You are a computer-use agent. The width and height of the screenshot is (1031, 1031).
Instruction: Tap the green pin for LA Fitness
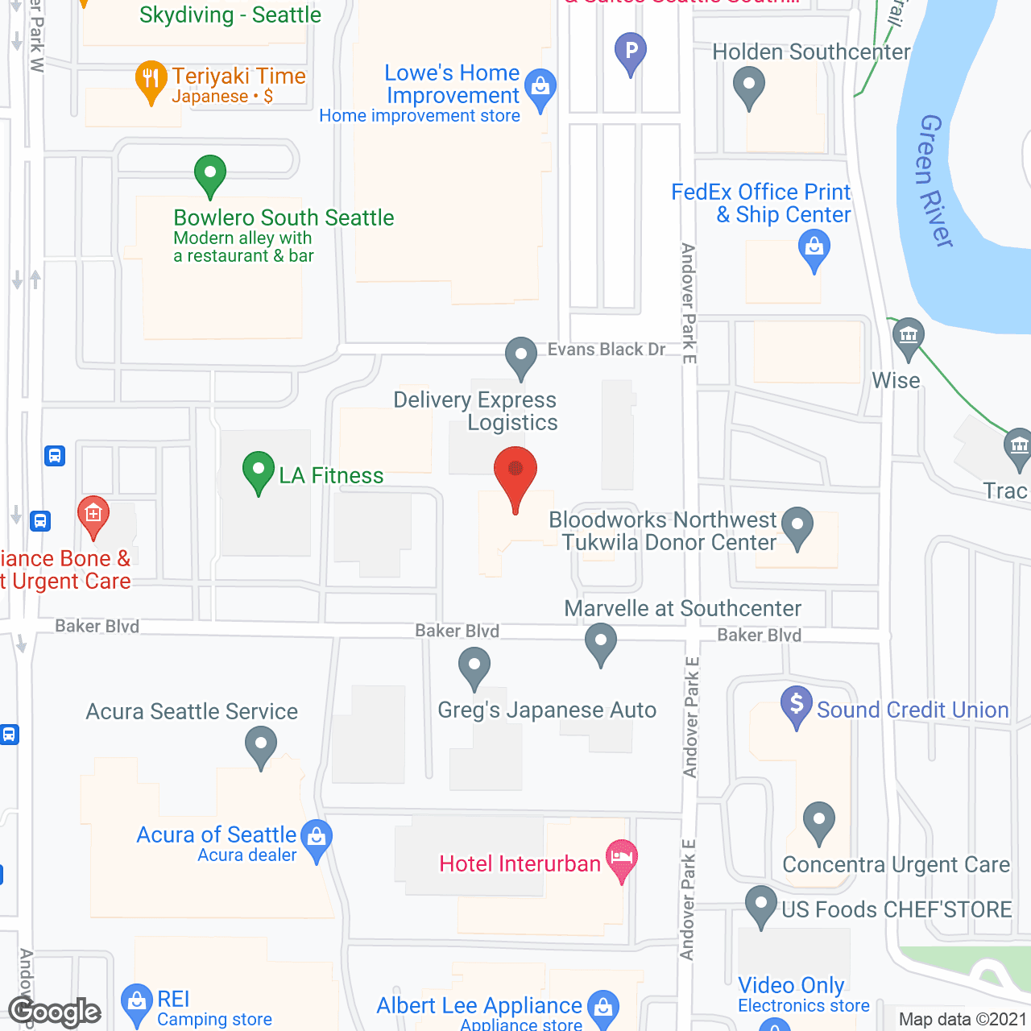click(258, 471)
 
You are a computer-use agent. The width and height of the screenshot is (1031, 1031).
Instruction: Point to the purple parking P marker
click(631, 52)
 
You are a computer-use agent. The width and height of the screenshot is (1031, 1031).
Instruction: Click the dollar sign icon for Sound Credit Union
click(796, 704)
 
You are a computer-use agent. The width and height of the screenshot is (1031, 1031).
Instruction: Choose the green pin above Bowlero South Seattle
click(209, 173)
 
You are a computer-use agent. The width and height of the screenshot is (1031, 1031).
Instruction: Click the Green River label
click(934, 180)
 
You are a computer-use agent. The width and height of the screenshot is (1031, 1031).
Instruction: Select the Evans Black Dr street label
click(607, 349)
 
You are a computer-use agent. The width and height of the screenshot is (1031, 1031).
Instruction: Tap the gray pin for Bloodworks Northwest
click(797, 525)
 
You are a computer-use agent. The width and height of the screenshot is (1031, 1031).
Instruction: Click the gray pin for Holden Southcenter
click(749, 85)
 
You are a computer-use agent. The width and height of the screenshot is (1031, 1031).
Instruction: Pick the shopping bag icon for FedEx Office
click(814, 247)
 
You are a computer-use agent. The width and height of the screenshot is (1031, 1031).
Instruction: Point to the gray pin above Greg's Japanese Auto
click(474, 668)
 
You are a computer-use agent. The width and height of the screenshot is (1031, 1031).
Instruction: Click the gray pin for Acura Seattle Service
click(260, 745)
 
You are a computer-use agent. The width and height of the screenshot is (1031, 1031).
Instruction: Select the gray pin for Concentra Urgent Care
click(818, 821)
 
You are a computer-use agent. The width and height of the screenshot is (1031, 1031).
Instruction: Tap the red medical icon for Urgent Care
click(93, 515)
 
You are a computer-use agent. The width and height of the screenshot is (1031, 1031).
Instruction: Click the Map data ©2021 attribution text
click(963, 1019)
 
